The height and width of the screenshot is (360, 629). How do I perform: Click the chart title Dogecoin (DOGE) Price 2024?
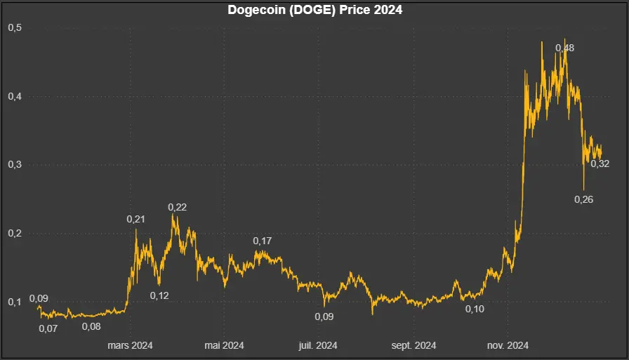click(314, 11)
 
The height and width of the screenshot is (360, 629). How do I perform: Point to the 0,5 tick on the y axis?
click(14, 28)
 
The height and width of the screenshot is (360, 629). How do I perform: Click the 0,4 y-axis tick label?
click(14, 96)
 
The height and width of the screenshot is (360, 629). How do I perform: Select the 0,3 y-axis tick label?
click(14, 165)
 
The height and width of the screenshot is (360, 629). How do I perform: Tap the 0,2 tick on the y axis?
click(14, 233)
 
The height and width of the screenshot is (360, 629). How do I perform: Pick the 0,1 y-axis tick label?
click(14, 302)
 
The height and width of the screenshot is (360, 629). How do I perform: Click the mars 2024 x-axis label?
click(129, 345)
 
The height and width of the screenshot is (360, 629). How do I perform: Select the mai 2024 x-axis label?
click(224, 345)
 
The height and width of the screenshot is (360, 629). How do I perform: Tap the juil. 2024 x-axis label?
click(318, 345)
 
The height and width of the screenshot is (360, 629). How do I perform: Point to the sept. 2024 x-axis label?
click(413, 345)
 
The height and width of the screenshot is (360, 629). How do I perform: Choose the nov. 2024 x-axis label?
click(508, 345)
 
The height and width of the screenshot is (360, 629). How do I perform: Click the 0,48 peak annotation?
click(564, 48)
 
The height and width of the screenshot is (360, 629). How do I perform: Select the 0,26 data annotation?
click(584, 199)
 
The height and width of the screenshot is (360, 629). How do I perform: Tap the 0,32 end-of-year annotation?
click(600, 164)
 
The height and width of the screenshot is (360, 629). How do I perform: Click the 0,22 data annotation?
click(177, 207)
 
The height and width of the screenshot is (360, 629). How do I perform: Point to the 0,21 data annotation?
click(135, 220)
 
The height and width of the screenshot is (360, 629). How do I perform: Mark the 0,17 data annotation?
click(263, 241)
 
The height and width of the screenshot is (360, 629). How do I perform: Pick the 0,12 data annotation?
click(159, 295)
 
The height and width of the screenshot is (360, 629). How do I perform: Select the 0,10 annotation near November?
click(475, 309)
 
